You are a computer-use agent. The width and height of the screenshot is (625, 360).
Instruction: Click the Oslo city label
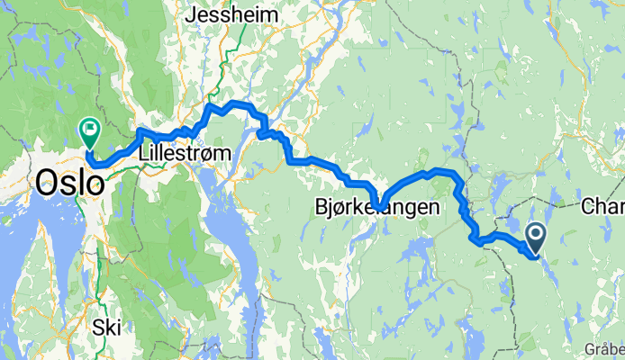(68, 184)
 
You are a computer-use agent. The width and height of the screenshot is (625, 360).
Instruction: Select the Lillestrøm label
(185, 154)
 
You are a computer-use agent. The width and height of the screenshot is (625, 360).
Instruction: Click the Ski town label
(106, 328)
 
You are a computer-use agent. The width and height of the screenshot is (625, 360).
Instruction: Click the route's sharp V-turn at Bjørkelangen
(380, 208)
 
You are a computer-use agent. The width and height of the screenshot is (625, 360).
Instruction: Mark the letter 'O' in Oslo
(46, 184)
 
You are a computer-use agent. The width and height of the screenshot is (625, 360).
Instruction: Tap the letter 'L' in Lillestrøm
(145, 154)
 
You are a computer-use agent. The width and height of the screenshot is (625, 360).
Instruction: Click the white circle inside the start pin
(535, 236)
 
